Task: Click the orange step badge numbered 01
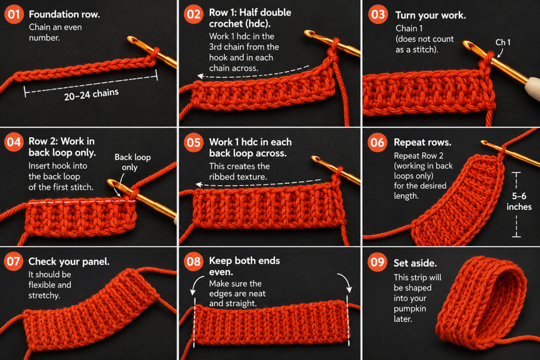[x=14, y=14]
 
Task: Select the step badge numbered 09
[x=378, y=262]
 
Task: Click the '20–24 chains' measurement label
[x=91, y=94]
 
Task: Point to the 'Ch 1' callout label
[x=503, y=42]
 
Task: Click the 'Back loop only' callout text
[x=132, y=162]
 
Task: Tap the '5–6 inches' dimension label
[x=519, y=201]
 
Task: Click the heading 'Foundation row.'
[x=64, y=14]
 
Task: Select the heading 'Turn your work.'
[x=430, y=15]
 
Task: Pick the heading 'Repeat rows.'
[x=422, y=142]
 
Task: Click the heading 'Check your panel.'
[x=69, y=261]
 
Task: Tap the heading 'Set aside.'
[x=415, y=264]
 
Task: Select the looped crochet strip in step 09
[x=481, y=303]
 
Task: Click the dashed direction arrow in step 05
[x=258, y=183]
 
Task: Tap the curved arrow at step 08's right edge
[x=345, y=281]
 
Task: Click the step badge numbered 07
[x=14, y=261]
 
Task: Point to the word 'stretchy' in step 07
[x=43, y=295]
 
